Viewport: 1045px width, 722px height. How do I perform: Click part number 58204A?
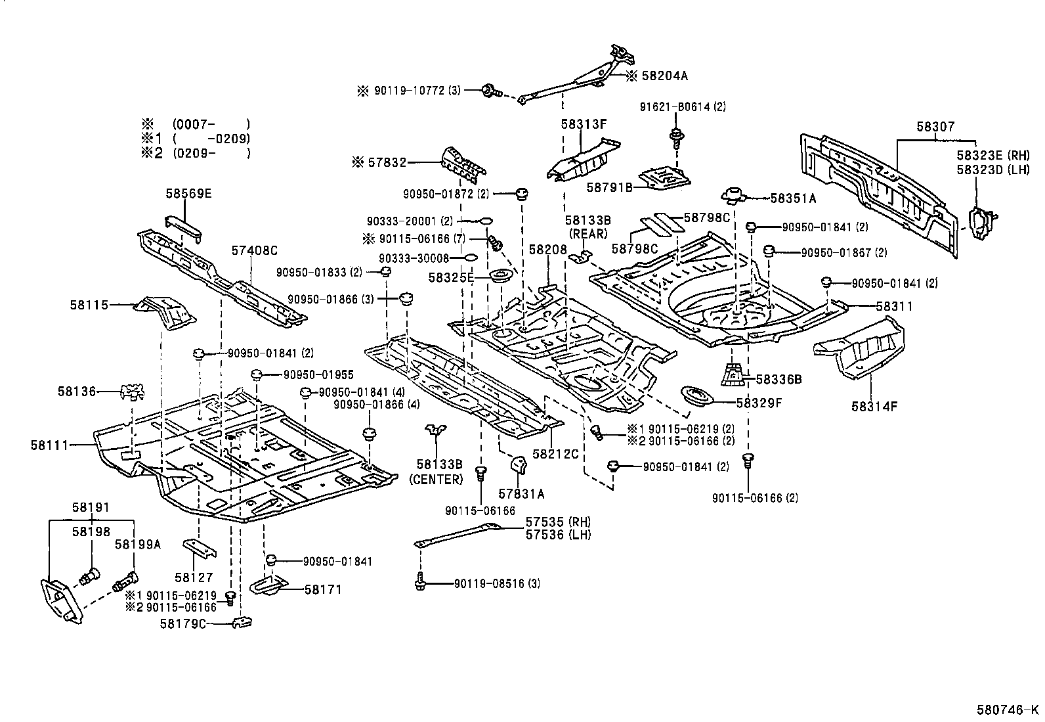[x=662, y=76]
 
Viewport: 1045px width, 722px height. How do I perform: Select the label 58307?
[x=935, y=127]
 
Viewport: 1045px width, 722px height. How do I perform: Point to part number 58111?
[x=49, y=445]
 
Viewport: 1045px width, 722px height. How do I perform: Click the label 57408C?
[x=254, y=250]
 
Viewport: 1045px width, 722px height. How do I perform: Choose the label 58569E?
[x=188, y=193]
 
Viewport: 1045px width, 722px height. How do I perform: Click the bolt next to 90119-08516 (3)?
[x=421, y=582]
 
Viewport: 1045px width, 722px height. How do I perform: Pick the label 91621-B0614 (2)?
[x=683, y=106]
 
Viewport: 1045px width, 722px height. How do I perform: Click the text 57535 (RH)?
[x=558, y=522]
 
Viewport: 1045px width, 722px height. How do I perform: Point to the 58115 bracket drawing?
[x=163, y=311]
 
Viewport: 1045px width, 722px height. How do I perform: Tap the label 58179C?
[x=183, y=623]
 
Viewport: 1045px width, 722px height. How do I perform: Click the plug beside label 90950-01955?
[x=257, y=375]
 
